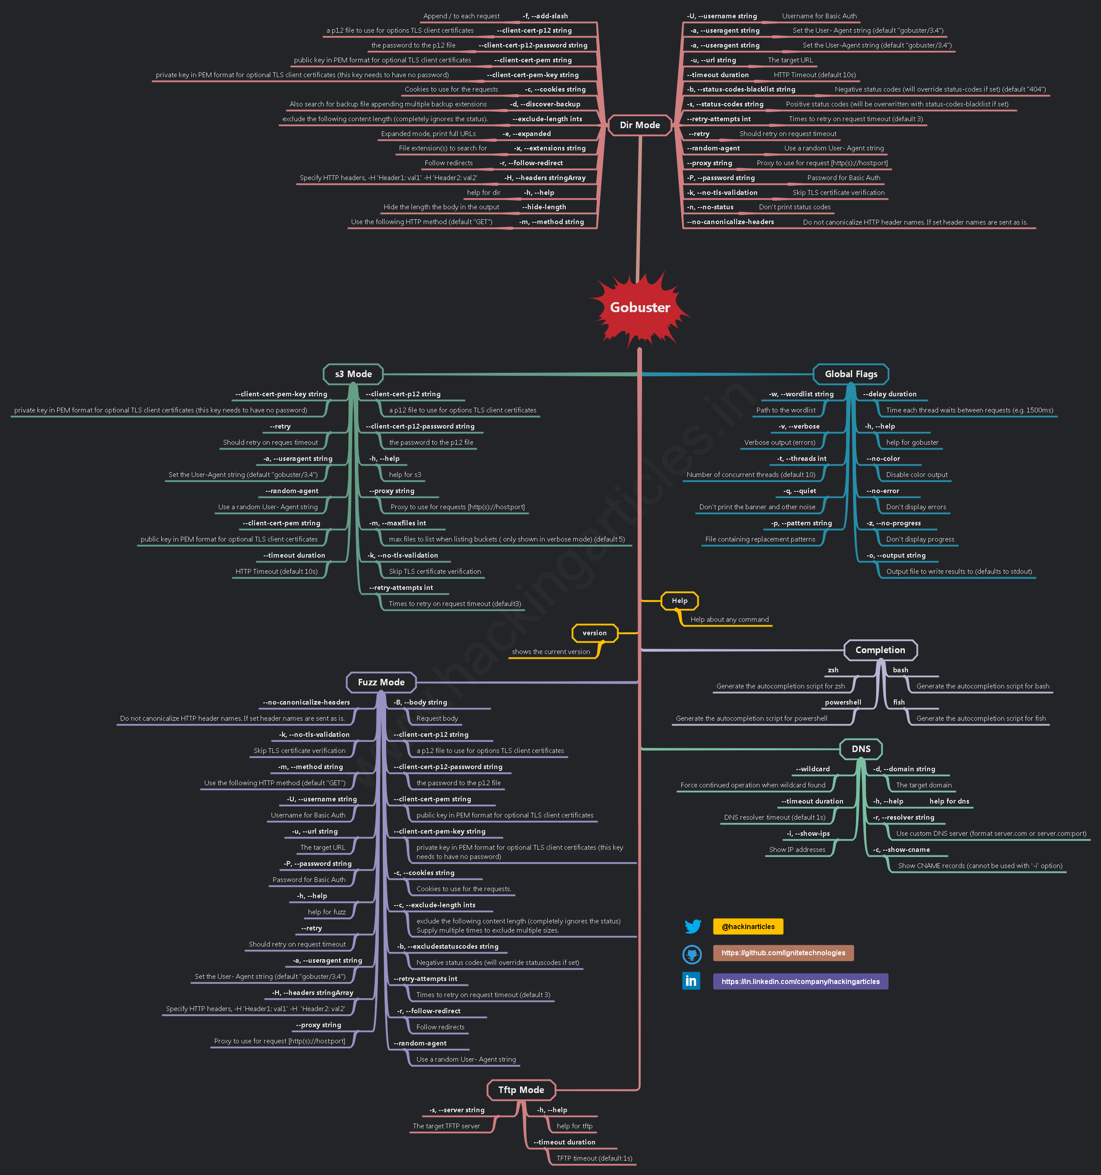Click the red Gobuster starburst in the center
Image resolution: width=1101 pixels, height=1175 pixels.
(640, 307)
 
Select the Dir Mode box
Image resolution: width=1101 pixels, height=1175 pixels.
(639, 125)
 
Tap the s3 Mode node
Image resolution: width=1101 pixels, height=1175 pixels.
(353, 374)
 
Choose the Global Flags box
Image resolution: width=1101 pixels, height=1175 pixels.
(850, 374)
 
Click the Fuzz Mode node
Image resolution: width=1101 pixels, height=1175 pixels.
(381, 682)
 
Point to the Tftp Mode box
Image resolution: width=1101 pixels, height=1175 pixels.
(521, 1090)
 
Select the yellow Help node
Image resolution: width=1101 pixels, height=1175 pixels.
(679, 600)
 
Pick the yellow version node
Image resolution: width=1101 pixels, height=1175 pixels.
(595, 633)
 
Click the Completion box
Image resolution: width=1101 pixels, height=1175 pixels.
(880, 650)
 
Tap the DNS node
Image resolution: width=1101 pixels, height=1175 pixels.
(860, 749)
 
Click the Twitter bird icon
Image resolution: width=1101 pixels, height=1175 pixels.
(693, 926)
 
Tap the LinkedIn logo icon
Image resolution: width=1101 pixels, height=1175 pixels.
(691, 981)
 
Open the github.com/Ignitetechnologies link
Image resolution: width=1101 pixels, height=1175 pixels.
(783, 953)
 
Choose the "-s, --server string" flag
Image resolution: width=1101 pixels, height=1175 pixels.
(457, 1110)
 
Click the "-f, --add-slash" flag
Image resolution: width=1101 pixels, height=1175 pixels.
(545, 16)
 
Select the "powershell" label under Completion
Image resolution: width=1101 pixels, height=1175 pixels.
(843, 702)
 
